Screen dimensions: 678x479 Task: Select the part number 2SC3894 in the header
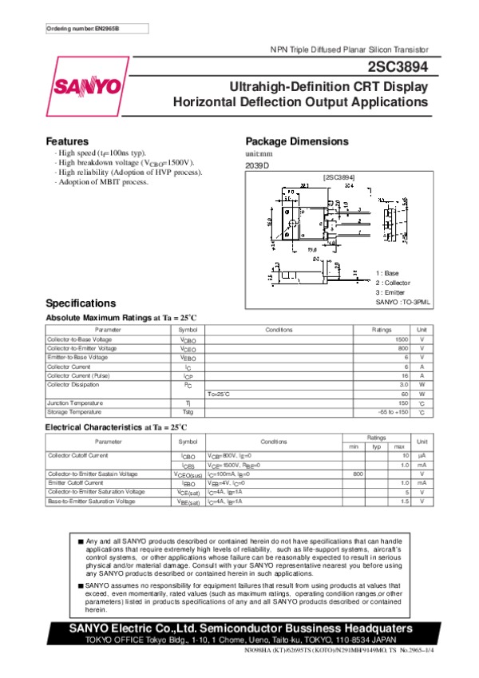coord(398,68)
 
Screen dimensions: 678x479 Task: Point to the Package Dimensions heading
coord(297,141)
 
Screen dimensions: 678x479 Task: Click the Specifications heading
coord(81,303)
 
